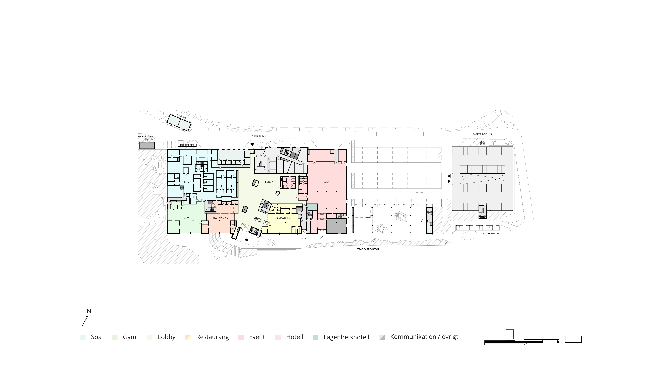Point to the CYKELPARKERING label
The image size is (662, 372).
tap(491, 234)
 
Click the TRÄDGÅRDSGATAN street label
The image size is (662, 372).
tap(368, 249)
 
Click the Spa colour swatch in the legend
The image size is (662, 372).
tap(83, 337)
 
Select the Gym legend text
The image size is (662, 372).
tap(130, 337)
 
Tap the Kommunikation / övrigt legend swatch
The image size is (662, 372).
tap(382, 337)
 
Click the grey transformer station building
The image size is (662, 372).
tap(147, 146)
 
